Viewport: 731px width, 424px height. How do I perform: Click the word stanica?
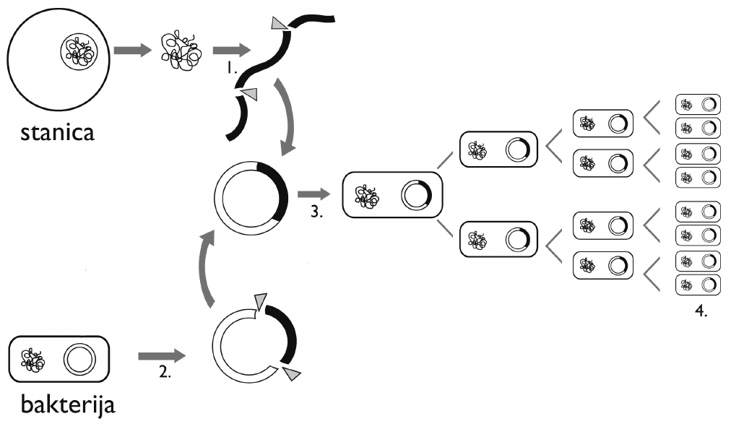57,132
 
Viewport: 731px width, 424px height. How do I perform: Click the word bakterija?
68,404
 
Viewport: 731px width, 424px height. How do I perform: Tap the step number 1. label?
232,69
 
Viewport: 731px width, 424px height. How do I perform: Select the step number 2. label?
165,372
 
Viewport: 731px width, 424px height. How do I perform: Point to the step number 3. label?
316,212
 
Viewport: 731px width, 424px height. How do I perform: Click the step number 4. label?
701,311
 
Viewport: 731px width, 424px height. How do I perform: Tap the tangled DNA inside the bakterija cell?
33,360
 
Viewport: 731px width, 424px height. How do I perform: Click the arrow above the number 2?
162,356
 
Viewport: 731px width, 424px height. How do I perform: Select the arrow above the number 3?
313,194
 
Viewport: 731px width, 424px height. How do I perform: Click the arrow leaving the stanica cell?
133,51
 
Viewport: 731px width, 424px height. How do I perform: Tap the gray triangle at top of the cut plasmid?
260,300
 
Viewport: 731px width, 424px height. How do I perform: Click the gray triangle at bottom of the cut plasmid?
292,373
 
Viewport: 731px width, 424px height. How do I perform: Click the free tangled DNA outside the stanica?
181,51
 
